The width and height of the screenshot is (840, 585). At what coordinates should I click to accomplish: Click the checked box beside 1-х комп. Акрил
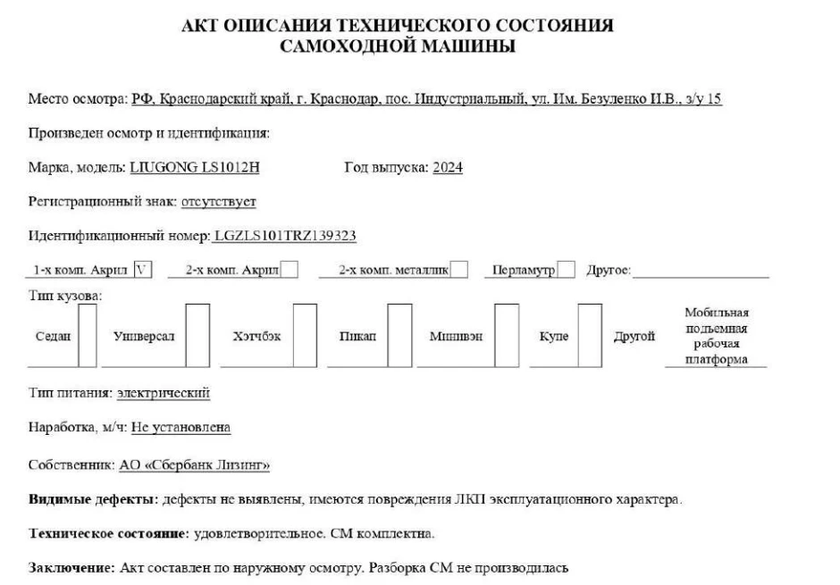pos(142,270)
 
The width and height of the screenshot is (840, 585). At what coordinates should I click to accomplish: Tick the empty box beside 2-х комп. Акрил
pos(290,270)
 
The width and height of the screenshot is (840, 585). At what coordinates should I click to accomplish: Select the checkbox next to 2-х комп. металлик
pos(458,270)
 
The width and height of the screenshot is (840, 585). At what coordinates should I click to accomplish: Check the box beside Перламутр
pos(566,270)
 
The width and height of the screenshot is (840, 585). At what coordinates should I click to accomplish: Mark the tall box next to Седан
pos(88,336)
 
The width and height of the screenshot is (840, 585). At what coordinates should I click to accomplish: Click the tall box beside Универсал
pos(197,336)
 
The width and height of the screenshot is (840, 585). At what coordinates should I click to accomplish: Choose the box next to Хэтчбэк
pos(305,336)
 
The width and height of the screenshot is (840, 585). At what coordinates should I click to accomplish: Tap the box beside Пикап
pos(399,336)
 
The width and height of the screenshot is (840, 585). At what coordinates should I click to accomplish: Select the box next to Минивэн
pos(507,336)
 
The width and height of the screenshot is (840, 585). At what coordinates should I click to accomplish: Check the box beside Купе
pos(590,336)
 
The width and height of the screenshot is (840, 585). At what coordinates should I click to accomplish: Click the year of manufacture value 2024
pos(448,167)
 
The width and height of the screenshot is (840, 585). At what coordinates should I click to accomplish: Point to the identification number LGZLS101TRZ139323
pos(286,236)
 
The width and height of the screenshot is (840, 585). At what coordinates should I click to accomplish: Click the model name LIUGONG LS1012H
pos(195,167)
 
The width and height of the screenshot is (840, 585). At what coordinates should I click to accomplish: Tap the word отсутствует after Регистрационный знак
pos(218,202)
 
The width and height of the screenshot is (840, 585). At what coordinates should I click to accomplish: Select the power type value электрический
pos(164,393)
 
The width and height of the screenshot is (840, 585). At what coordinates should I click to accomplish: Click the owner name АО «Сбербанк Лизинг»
pos(194,465)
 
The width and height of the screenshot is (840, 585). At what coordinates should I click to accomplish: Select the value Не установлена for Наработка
pos(181,428)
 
